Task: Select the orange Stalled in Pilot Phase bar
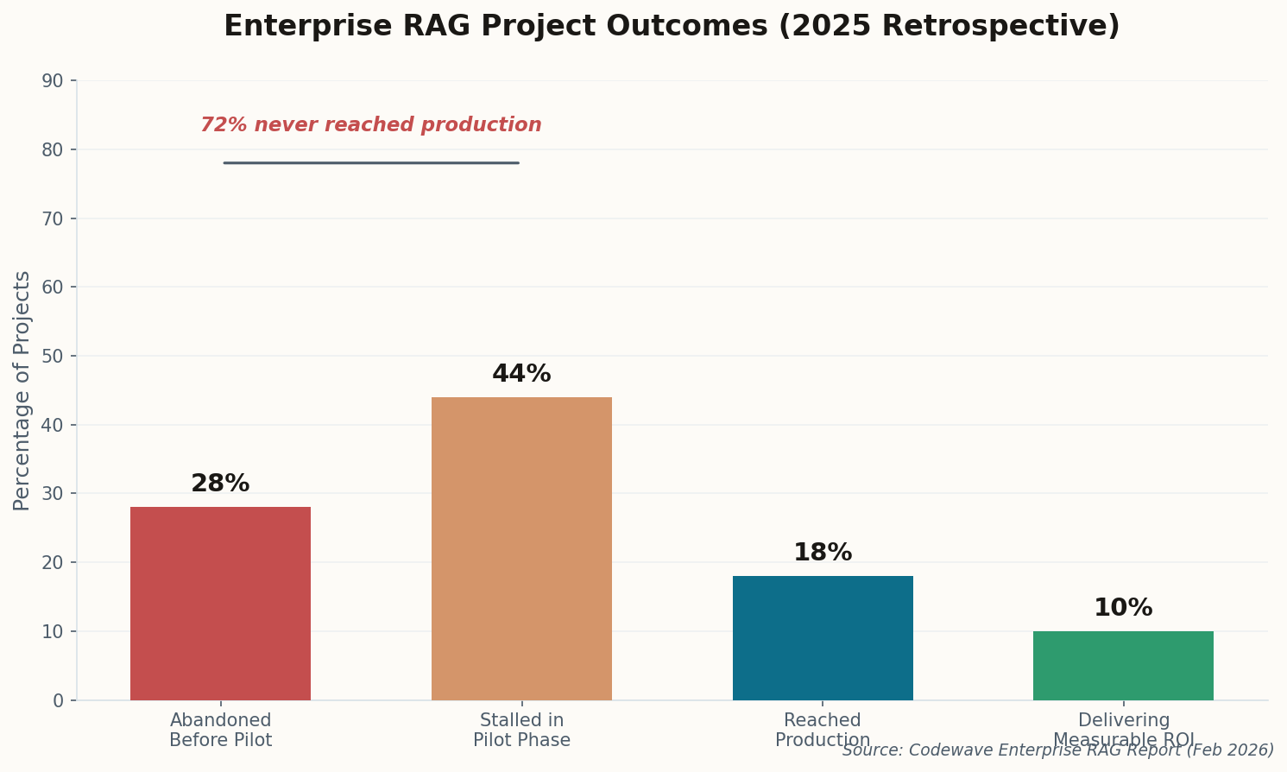click(521, 548)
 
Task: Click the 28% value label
click(220, 484)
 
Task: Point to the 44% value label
click(521, 374)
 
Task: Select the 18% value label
click(822, 553)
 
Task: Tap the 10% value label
click(1123, 608)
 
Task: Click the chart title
click(672, 26)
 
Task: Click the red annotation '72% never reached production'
click(371, 125)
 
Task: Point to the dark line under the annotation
click(371, 162)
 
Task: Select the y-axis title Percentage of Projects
click(22, 390)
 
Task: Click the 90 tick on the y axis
click(53, 81)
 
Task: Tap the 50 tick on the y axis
click(53, 356)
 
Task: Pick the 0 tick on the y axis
click(58, 700)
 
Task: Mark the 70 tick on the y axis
click(53, 218)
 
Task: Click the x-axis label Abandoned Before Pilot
click(220, 731)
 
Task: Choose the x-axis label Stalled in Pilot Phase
click(521, 731)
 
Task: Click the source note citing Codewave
click(1057, 750)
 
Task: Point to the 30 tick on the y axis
click(53, 494)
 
